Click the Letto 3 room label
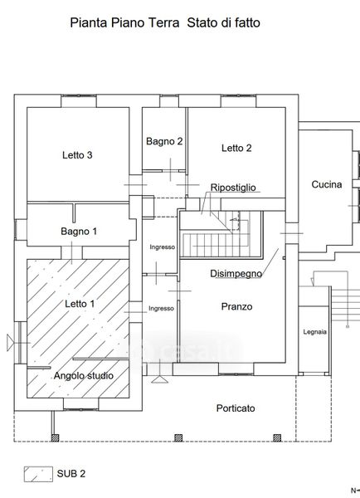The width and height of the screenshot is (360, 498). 77,155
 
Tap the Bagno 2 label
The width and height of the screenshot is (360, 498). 164,141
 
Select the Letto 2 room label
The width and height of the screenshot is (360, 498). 236,148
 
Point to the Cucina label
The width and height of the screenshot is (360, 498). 327,184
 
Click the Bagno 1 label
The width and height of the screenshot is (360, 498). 79,232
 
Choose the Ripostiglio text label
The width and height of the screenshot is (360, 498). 233,188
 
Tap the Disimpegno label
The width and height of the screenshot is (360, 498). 236,273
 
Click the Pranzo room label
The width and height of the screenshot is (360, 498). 237,306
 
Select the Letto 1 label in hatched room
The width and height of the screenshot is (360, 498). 80,304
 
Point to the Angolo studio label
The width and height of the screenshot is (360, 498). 84,376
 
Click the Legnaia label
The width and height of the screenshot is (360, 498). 314,332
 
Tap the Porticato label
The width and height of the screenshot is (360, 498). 236,408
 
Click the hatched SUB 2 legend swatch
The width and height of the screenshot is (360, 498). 38,474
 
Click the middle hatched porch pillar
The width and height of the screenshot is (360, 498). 178,438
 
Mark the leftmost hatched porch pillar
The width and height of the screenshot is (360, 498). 56,438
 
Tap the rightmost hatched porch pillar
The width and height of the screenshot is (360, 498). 277,438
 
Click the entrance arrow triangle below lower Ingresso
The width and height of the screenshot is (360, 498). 160,379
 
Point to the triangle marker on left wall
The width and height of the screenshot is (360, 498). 10,343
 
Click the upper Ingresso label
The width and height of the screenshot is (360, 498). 163,247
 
